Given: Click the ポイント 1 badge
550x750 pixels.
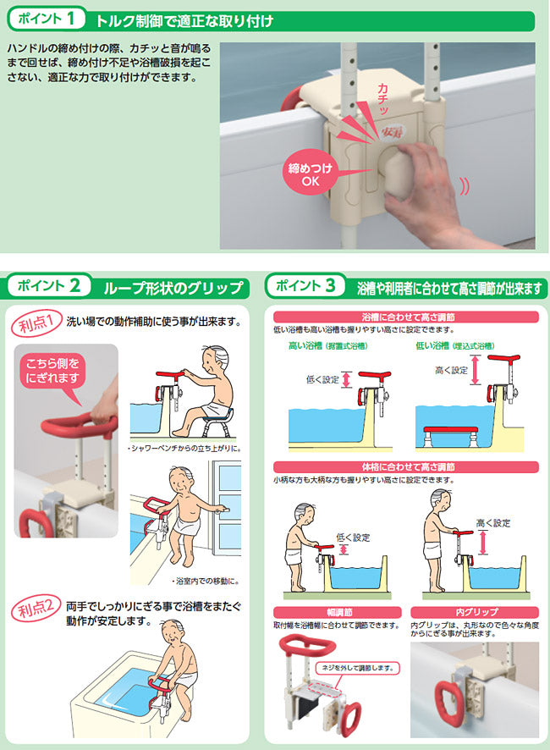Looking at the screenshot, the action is [47, 19].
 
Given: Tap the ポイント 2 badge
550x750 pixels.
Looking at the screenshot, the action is [49, 285].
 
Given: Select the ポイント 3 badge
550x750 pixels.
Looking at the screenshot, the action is [305, 285].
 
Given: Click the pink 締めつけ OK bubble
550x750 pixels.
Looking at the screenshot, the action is [310, 174].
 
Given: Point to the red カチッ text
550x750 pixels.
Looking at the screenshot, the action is [383, 98].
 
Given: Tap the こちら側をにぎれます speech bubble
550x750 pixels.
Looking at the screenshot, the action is [52, 376].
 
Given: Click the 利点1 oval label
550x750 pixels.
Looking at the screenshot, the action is [36, 323].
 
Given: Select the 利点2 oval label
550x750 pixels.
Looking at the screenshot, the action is [36, 609].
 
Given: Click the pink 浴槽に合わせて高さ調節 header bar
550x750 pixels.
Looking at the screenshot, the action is [406, 317].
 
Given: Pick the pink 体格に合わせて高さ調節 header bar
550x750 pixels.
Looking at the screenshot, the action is [406, 466].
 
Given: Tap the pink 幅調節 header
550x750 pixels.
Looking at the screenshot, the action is [337, 612].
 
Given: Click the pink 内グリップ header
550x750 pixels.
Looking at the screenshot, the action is [475, 612].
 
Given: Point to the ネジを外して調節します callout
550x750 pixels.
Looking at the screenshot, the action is [357, 668].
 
